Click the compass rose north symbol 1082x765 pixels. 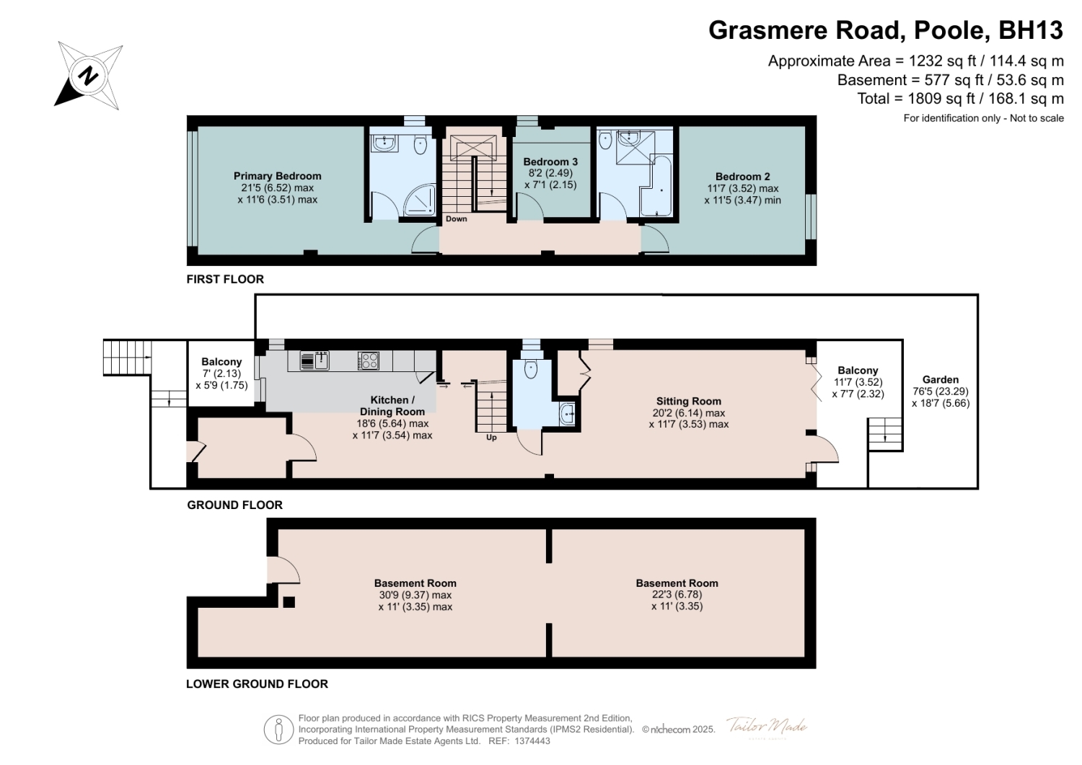(x=88, y=76)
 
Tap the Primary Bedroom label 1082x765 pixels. (x=277, y=176)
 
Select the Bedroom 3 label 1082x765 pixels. (x=550, y=162)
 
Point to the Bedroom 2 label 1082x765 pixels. (x=742, y=177)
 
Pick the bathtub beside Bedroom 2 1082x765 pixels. (x=656, y=186)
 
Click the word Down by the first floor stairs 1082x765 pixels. (x=456, y=218)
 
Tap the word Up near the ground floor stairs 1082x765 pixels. (x=491, y=438)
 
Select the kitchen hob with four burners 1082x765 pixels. (x=368, y=361)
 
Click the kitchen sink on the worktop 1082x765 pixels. (x=315, y=361)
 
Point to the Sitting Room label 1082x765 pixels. (x=688, y=402)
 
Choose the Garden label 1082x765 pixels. (x=940, y=379)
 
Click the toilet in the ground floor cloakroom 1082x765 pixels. (x=530, y=368)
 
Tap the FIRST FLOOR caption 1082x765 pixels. (x=225, y=279)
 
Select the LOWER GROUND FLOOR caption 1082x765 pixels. (x=257, y=684)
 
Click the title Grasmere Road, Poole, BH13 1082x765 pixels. (x=885, y=30)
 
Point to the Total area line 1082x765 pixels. (x=960, y=99)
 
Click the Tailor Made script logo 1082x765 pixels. (x=767, y=726)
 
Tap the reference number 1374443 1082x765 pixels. (x=532, y=741)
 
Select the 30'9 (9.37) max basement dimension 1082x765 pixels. (x=415, y=595)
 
